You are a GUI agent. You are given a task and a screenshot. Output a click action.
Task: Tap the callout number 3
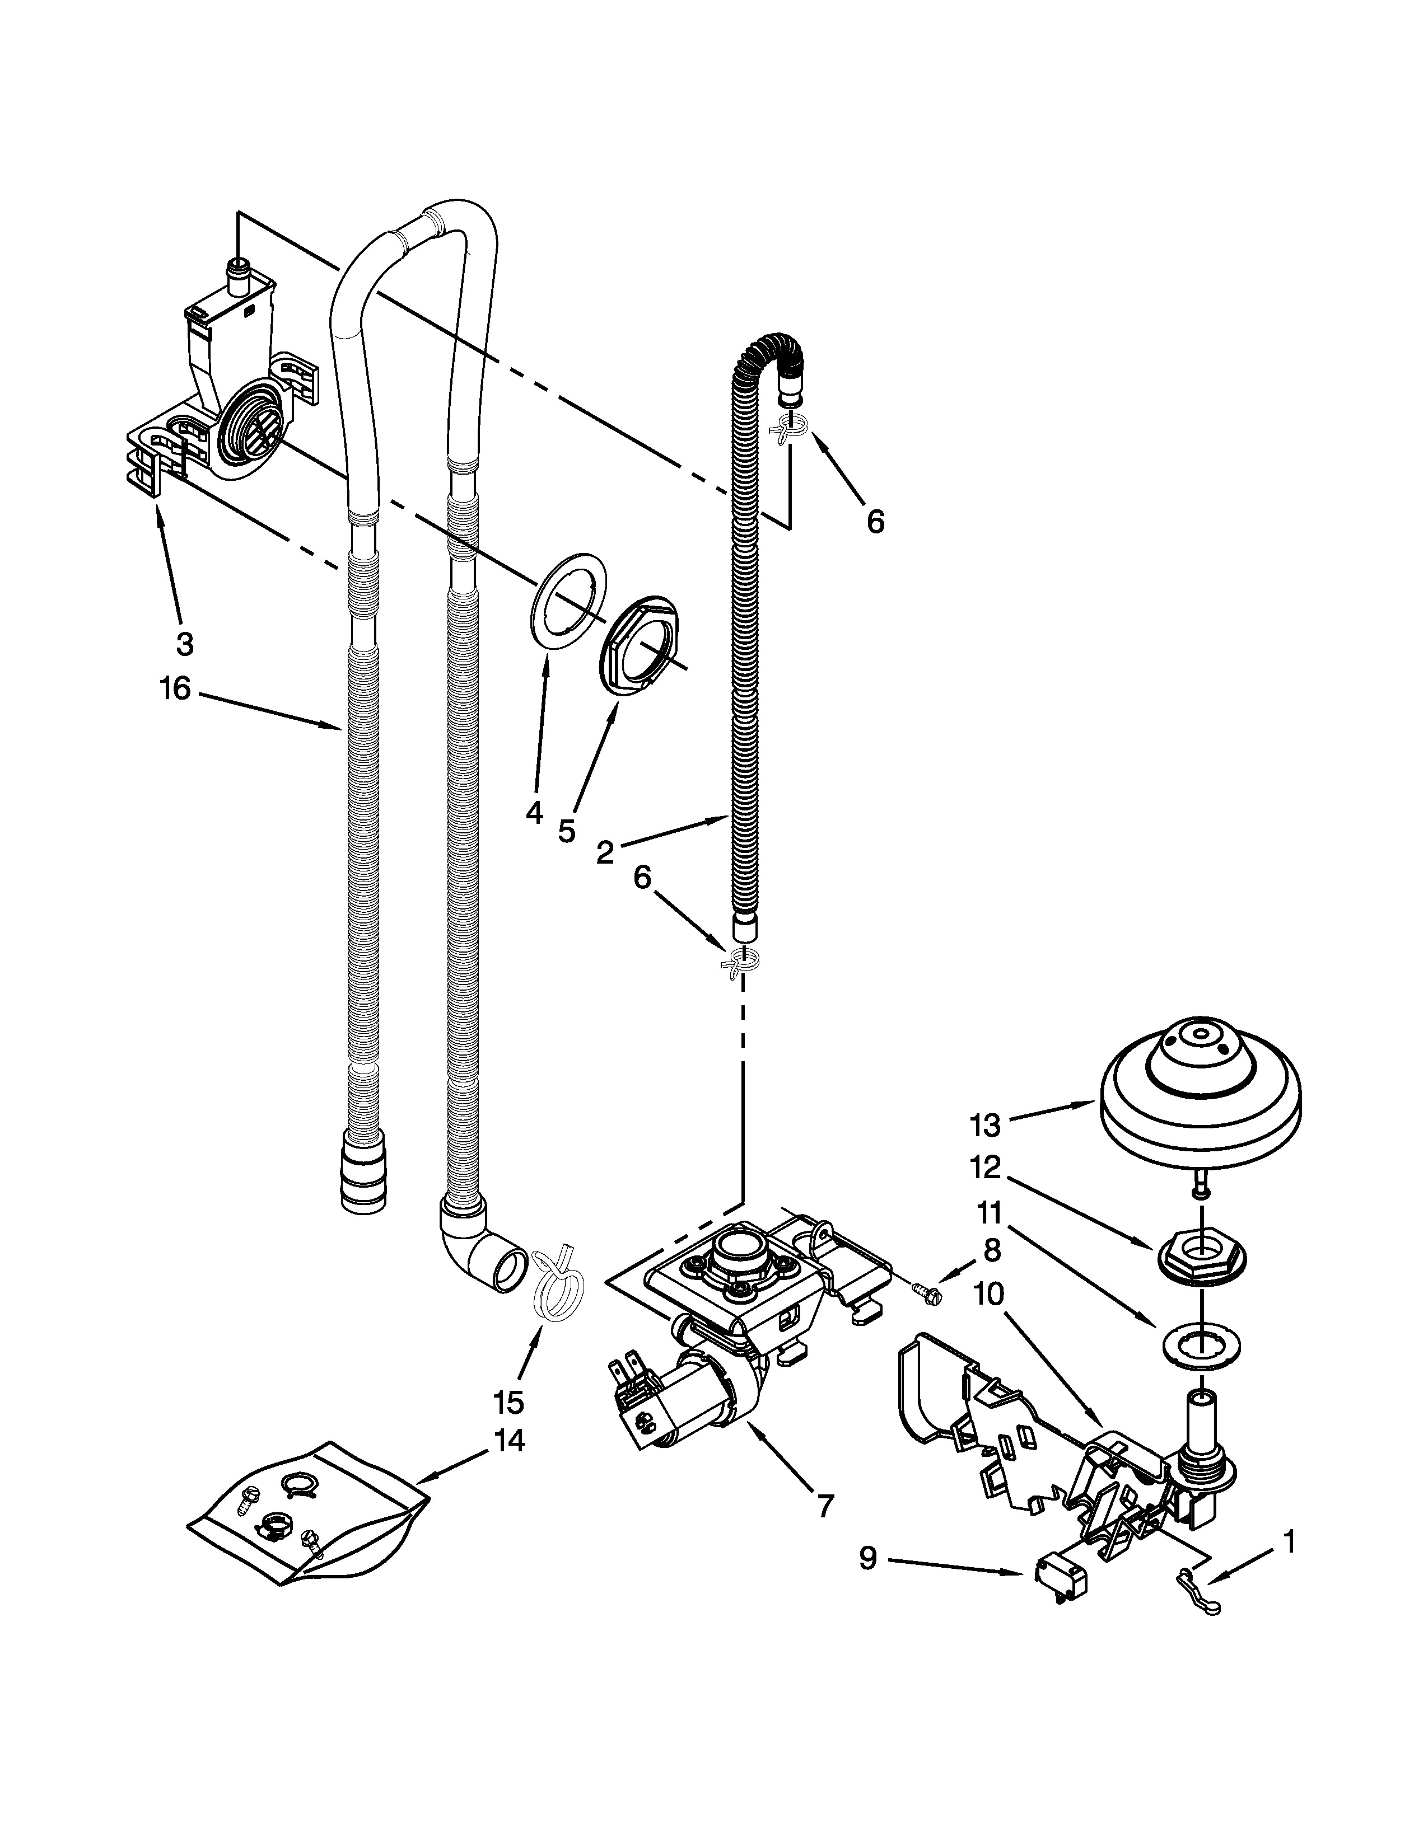pyautogui.click(x=184, y=644)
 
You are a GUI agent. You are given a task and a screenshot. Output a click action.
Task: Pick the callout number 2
pyautogui.click(x=604, y=852)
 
